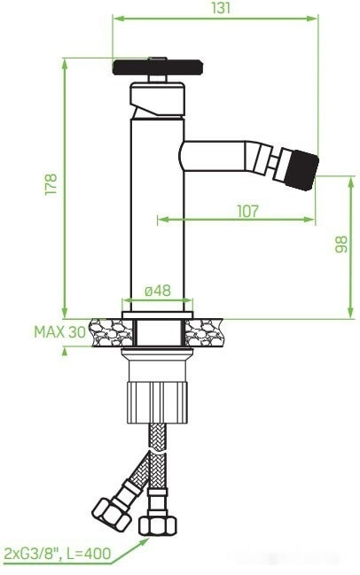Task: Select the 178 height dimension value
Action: [x=51, y=184]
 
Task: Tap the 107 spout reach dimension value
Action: [x=247, y=210]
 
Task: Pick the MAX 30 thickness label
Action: [x=60, y=331]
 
